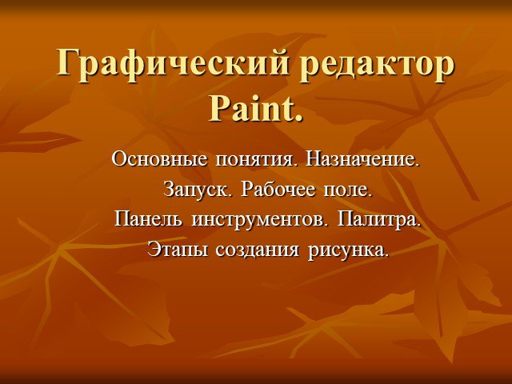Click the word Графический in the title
click(173, 65)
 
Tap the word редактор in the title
click(377, 65)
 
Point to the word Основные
click(159, 160)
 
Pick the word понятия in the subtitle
click(255, 161)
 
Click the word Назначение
click(362, 160)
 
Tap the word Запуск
click(198, 190)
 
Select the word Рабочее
click(278, 190)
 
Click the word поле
click(348, 190)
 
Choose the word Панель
click(148, 219)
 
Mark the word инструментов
click(259, 221)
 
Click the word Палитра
click(378, 221)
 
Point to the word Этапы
click(178, 250)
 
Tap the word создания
click(258, 251)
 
